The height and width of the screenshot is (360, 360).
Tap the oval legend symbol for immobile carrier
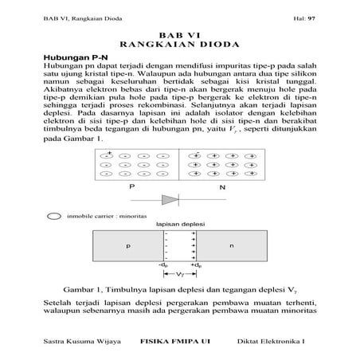[54, 215]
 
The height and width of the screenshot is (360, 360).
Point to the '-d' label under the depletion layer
[164, 264]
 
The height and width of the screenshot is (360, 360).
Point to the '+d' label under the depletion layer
[194, 264]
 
